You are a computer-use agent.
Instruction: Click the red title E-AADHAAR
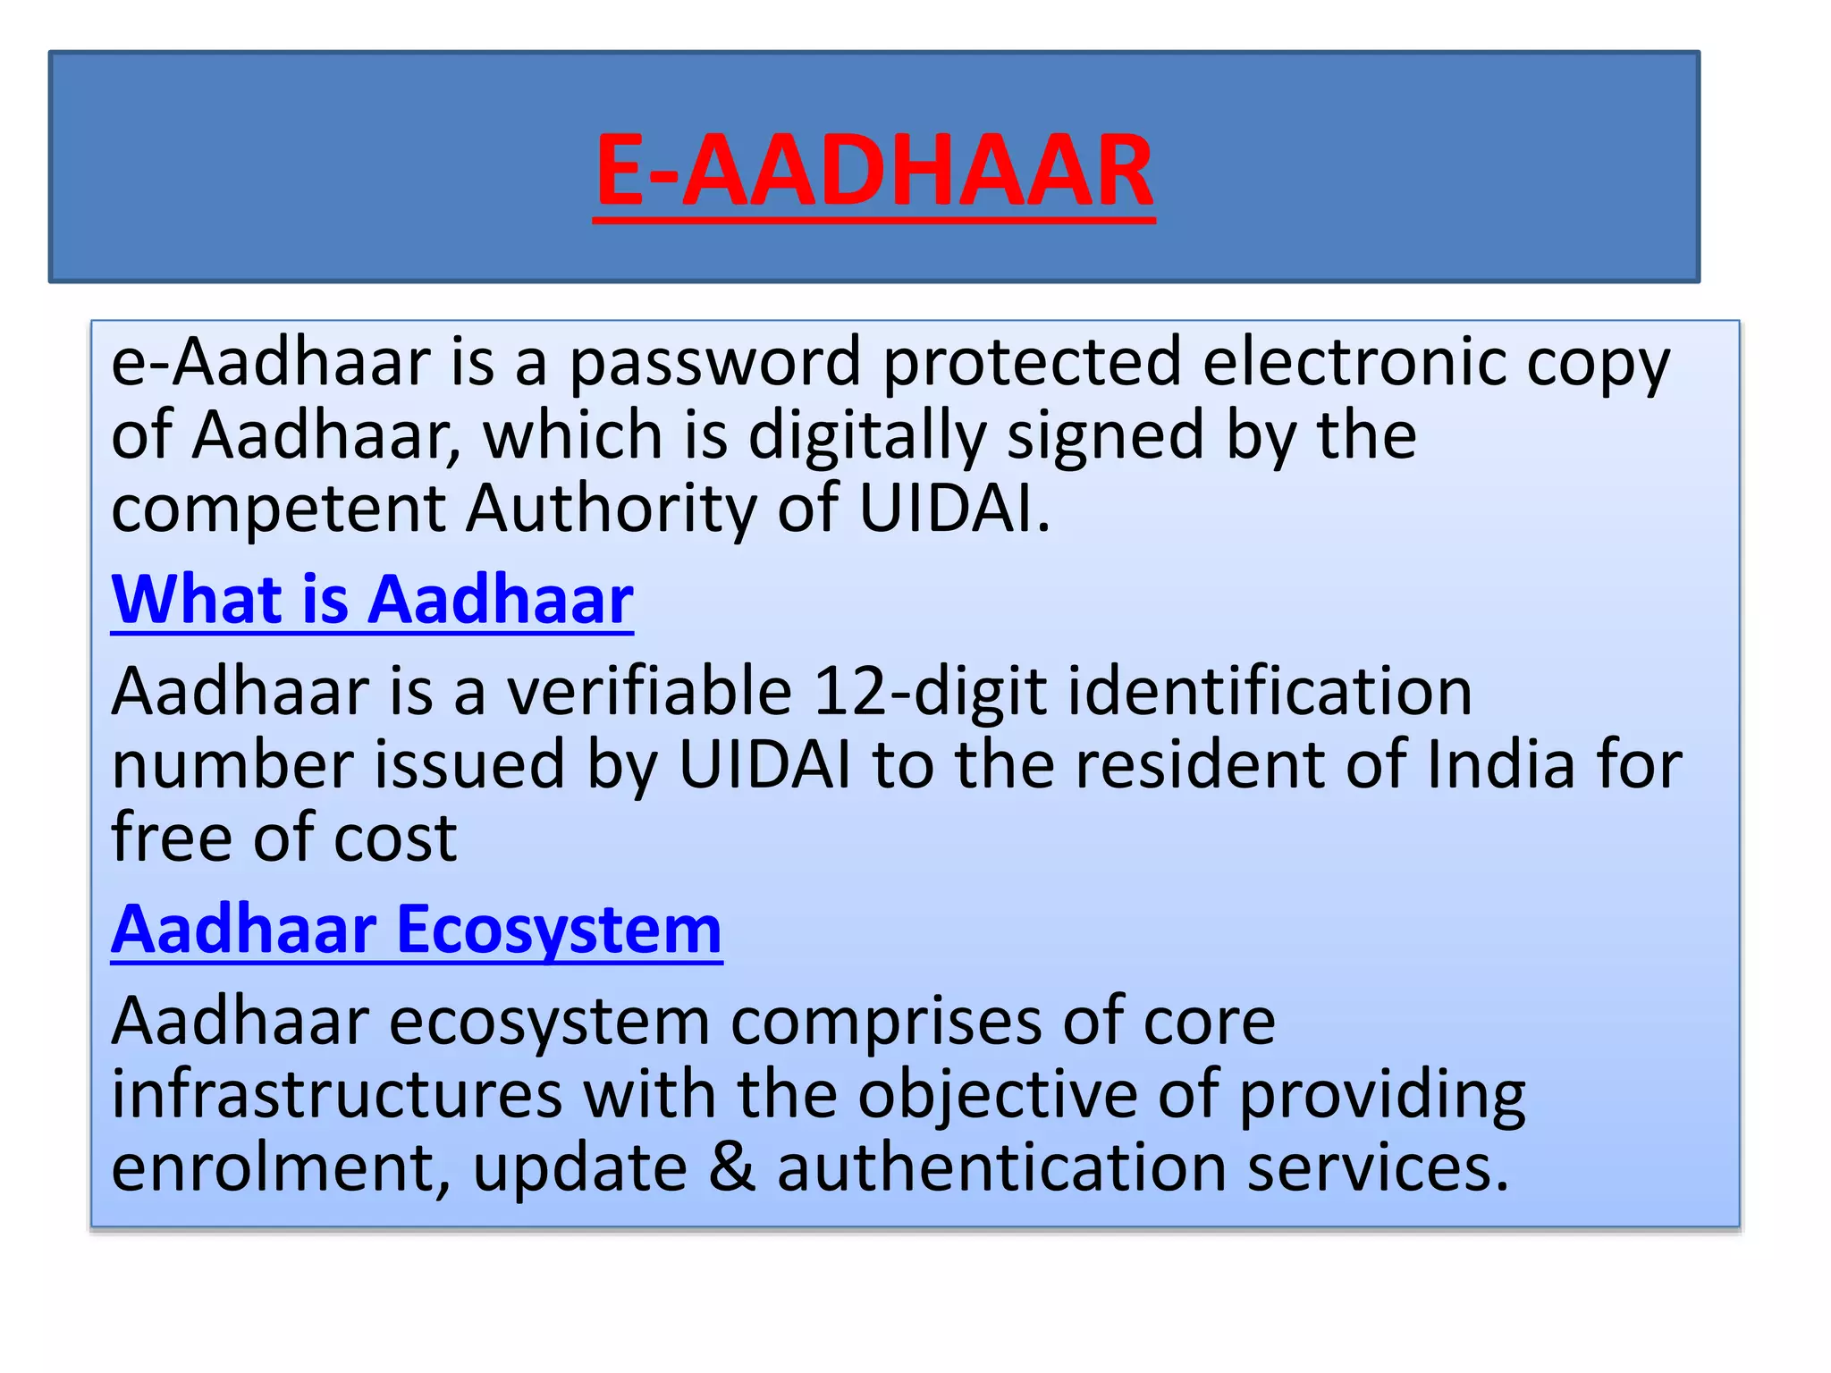pos(873,170)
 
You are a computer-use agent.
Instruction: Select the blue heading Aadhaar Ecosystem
pos(417,930)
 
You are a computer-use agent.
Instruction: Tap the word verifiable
pos(650,692)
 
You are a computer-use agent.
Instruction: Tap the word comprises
pos(886,1023)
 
